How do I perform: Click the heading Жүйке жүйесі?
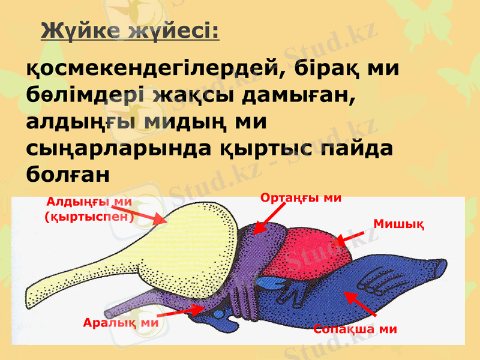click(130, 31)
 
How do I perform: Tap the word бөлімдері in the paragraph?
click(85, 95)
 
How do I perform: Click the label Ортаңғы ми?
click(301, 197)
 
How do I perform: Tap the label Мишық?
click(399, 224)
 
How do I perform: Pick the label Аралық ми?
click(119, 322)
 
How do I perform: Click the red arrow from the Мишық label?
click(350, 238)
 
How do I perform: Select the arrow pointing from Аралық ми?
click(180, 311)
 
